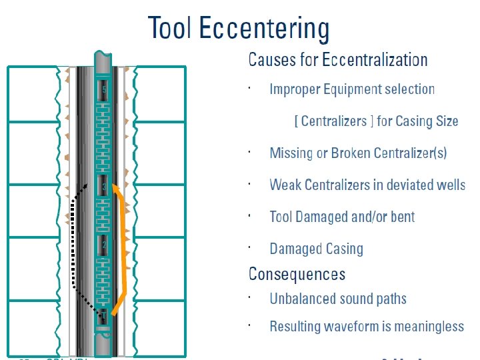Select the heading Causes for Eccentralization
point(337,60)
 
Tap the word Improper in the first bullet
point(295,89)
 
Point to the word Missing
point(291,153)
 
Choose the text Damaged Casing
point(316,249)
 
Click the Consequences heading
point(297,274)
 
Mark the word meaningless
point(427,327)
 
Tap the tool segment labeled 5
point(103,89)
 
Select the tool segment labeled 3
point(103,187)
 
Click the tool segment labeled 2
point(103,245)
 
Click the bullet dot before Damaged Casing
point(248,247)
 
